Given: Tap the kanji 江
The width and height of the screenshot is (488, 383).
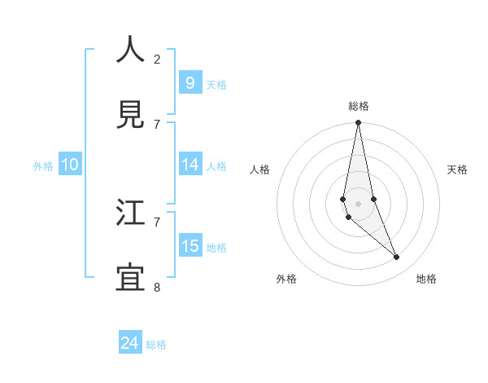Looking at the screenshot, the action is pyautogui.click(x=131, y=213).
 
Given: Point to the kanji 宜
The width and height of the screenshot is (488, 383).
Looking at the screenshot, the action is pyautogui.click(x=131, y=279).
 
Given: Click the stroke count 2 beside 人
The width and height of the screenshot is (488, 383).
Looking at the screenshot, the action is pyautogui.click(x=157, y=59).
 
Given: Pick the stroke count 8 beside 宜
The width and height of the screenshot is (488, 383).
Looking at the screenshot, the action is pyautogui.click(x=157, y=287).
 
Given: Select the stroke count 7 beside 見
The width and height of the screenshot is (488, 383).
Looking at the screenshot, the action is pyautogui.click(x=157, y=124).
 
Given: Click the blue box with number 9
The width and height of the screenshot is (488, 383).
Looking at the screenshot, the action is pyautogui.click(x=190, y=82).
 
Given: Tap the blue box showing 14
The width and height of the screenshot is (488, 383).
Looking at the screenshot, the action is pyautogui.click(x=190, y=165).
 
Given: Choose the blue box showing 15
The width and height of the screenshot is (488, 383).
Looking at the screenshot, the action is pyautogui.click(x=190, y=246).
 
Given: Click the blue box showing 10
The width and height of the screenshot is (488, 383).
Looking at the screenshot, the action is pyautogui.click(x=70, y=165).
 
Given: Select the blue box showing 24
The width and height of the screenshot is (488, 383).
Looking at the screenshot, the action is pyautogui.click(x=129, y=343).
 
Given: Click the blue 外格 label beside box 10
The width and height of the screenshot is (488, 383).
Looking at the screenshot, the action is pyautogui.click(x=43, y=165).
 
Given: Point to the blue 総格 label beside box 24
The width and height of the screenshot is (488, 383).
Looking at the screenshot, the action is pyautogui.click(x=156, y=345).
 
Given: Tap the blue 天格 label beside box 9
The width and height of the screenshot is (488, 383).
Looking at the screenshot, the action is pyautogui.click(x=216, y=84).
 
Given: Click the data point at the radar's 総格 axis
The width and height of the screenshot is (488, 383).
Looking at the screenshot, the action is pyautogui.click(x=358, y=123).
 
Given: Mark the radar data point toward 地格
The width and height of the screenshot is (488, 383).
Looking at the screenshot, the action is pyautogui.click(x=397, y=258).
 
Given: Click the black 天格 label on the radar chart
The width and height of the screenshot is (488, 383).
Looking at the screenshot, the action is pyautogui.click(x=458, y=169).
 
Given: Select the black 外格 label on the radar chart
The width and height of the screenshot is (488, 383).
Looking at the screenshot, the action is pyautogui.click(x=286, y=279).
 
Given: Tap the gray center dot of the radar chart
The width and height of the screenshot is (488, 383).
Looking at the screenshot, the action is pyautogui.click(x=358, y=203).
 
